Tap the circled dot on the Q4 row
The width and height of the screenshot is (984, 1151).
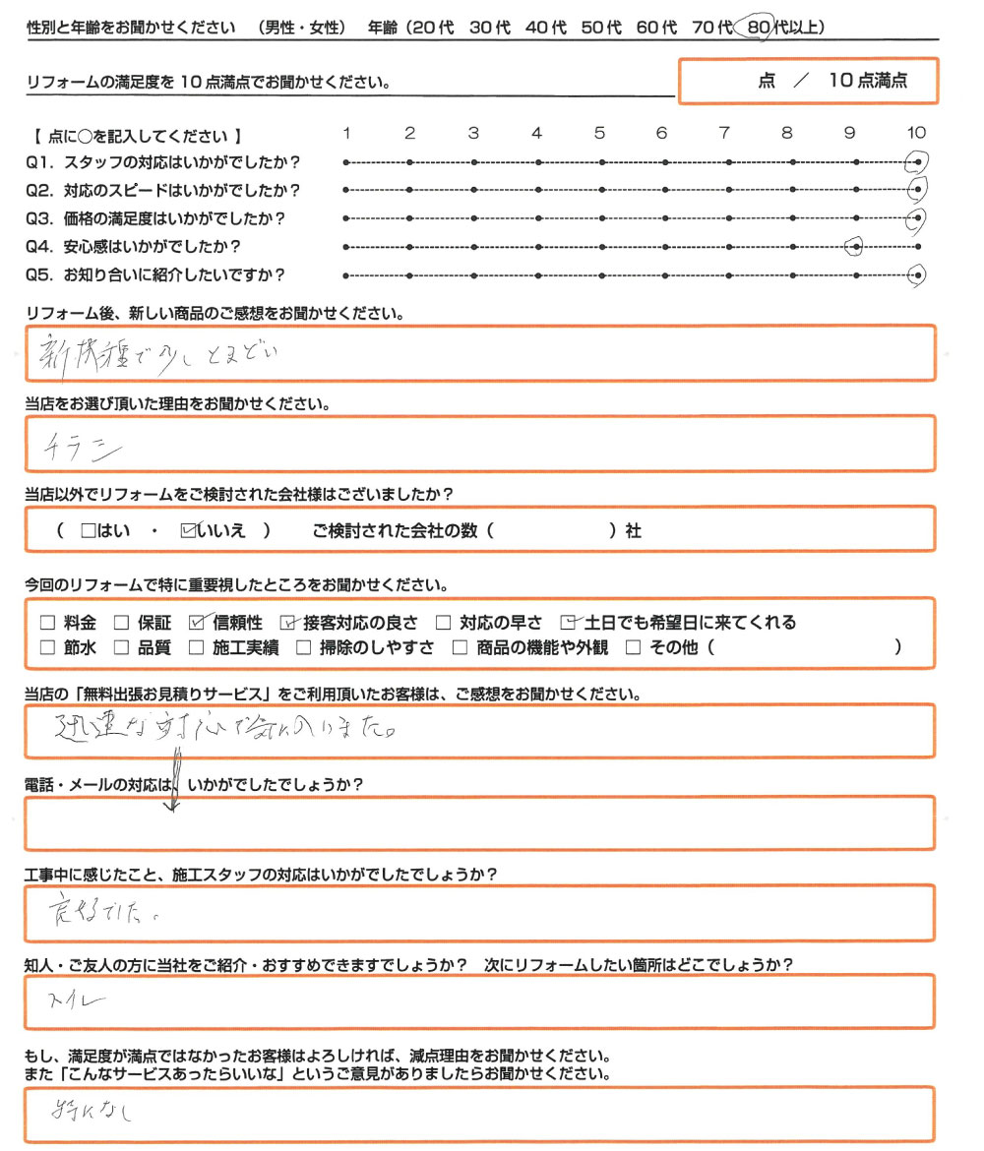tap(853, 247)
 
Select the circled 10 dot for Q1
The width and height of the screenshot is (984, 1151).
tap(917, 161)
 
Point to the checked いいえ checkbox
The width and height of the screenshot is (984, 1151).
tap(189, 530)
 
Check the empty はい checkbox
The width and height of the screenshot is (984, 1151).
tap(88, 530)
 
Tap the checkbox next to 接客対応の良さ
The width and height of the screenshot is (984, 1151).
tap(287, 622)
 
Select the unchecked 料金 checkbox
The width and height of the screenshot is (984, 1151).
tap(47, 622)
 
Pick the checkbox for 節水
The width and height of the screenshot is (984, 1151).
tap(47, 647)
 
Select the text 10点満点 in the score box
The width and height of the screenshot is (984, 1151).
tap(867, 82)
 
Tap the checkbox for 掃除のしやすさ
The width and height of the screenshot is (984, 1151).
tap(304, 647)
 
